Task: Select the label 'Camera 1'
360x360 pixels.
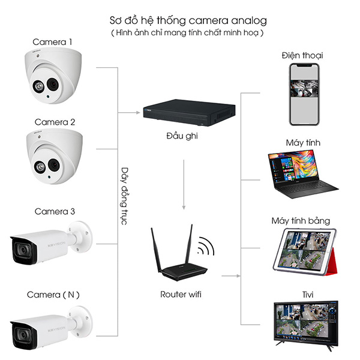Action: click(x=53, y=42)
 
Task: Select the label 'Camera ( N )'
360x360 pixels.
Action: click(x=53, y=295)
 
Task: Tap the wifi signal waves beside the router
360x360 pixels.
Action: click(x=206, y=247)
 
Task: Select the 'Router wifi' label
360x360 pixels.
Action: click(x=181, y=295)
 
